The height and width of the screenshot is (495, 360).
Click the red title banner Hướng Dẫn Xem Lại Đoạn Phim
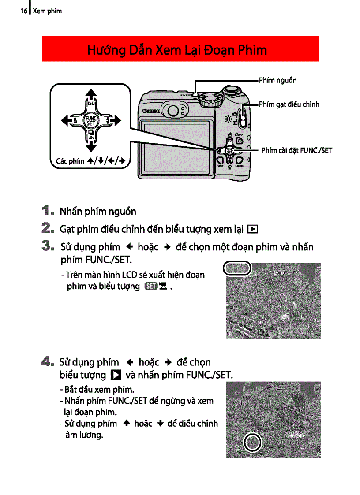180,49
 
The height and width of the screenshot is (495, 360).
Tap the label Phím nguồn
277,80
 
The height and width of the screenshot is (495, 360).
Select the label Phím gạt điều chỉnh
289,104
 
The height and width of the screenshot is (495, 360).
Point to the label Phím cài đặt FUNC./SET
296,150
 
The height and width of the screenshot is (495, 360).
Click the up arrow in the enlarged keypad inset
91,94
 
